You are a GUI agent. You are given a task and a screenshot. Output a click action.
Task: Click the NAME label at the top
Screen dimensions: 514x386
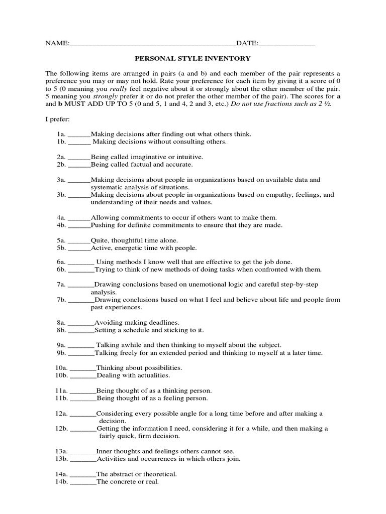coord(56,44)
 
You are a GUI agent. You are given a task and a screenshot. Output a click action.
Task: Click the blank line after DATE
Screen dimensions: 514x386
coord(287,44)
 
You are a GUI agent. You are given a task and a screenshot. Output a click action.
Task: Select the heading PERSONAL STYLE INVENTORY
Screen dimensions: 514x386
coord(193,59)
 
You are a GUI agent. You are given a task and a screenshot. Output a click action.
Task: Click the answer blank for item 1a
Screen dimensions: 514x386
coord(79,135)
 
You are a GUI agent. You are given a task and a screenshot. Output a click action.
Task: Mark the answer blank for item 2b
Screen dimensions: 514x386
coord(79,164)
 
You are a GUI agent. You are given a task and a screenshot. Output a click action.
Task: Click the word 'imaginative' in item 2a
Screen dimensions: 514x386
coord(150,157)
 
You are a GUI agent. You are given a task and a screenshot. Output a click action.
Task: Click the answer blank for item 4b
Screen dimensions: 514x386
coord(79,225)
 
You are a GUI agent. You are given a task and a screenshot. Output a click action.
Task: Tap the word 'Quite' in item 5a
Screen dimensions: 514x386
coord(100,240)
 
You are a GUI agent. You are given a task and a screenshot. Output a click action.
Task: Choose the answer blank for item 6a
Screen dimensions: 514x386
coord(80,262)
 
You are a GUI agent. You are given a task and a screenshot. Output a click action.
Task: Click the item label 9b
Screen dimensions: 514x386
coord(61,353)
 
